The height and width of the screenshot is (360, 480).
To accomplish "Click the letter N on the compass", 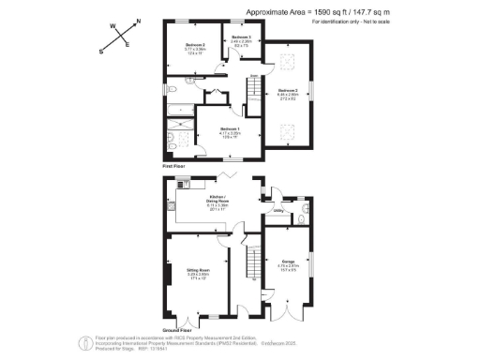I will (139, 21).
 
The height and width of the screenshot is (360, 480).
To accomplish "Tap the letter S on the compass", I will (102, 52).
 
